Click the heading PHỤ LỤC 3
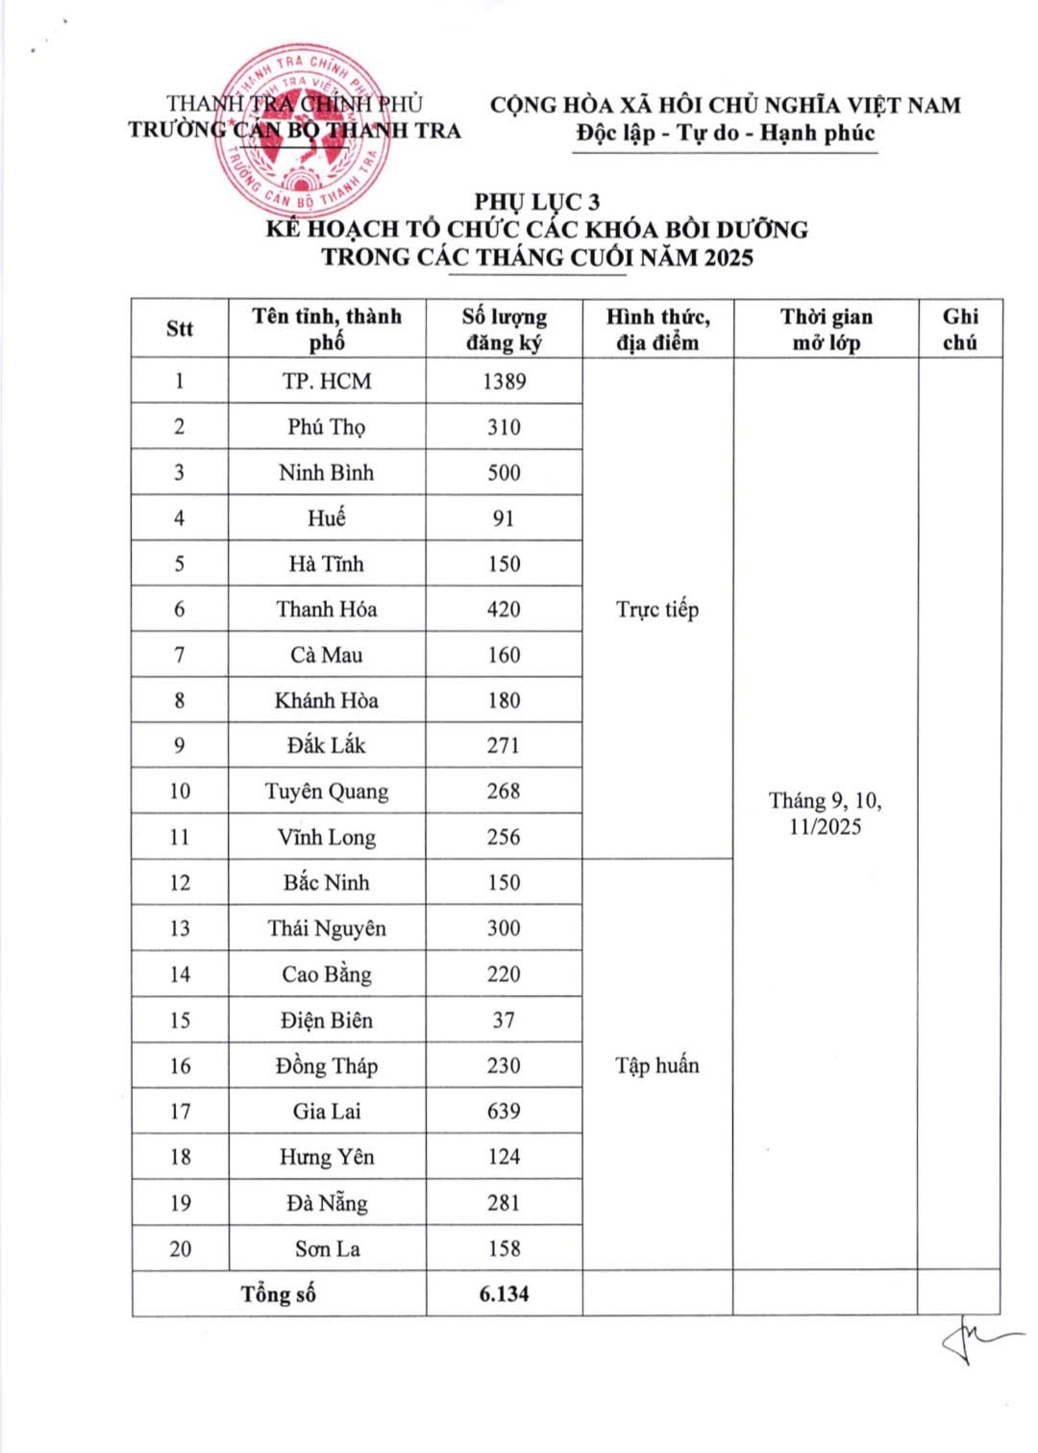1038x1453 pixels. pos(536,201)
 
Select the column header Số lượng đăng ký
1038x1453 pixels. pos(504,329)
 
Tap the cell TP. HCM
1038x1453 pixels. pos(327,381)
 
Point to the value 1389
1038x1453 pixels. pos(504,381)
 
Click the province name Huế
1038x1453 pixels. pos(327,518)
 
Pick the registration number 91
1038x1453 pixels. pos(504,518)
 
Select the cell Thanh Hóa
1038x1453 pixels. pos(327,609)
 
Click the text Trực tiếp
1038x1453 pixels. pos(657,609)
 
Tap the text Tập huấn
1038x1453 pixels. pos(657,1065)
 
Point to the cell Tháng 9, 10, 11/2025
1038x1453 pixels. pos(826,814)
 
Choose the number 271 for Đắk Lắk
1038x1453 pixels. pos(504,745)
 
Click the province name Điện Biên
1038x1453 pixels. pos(327,1020)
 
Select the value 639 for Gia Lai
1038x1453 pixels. pos(504,1112)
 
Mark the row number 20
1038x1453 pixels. pos(180,1249)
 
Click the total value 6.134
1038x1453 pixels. pos(504,1294)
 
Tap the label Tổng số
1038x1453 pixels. pos(279,1294)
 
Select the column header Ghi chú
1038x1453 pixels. pos(959,329)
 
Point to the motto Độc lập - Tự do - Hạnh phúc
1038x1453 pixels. pos(726,133)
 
